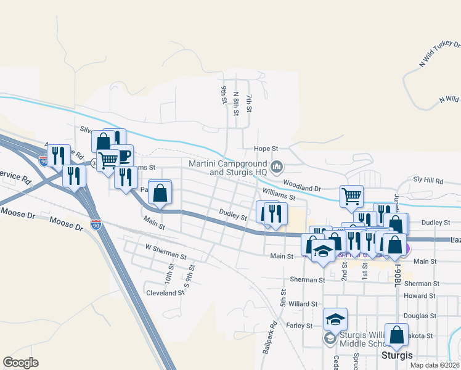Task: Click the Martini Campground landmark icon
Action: (277, 166)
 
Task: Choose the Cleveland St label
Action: (165, 293)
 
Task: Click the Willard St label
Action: (303, 304)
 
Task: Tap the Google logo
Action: (20, 363)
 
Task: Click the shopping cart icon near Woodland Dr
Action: (351, 197)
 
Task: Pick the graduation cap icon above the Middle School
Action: (336, 319)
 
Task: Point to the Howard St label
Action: (420, 296)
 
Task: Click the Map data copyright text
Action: (435, 365)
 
